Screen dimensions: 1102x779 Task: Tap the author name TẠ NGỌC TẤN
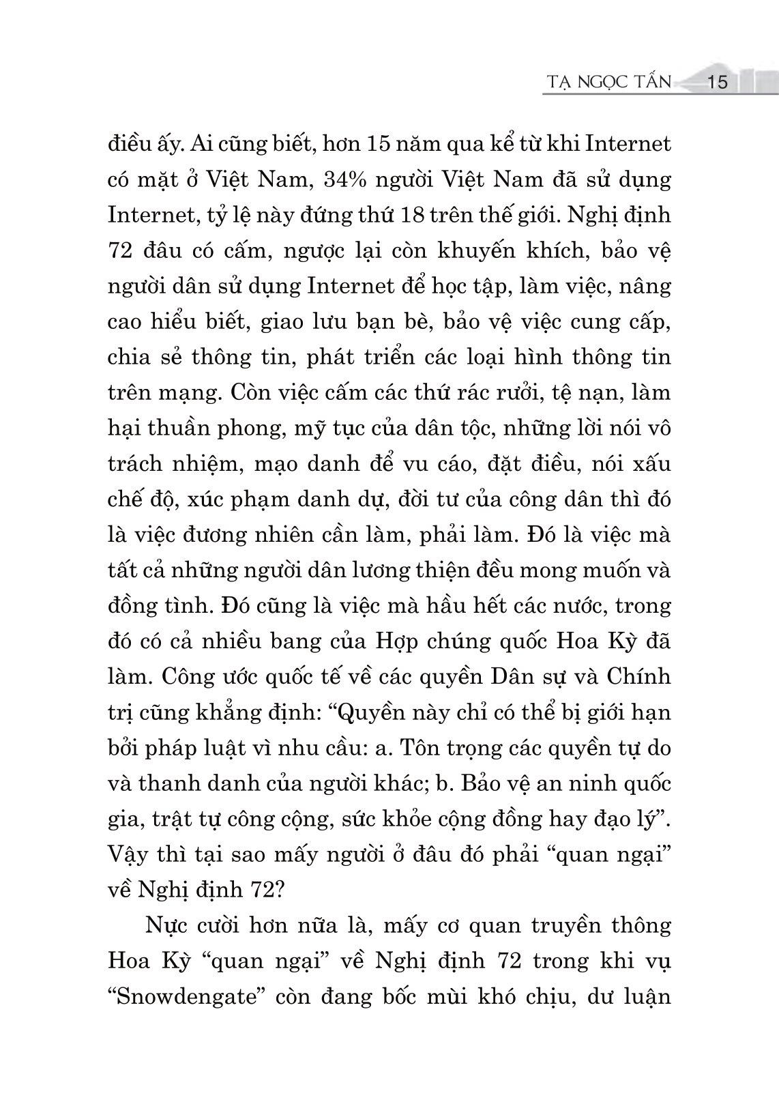pos(608,83)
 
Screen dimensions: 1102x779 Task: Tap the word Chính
pos(637,677)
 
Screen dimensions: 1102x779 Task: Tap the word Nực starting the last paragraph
pos(165,925)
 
